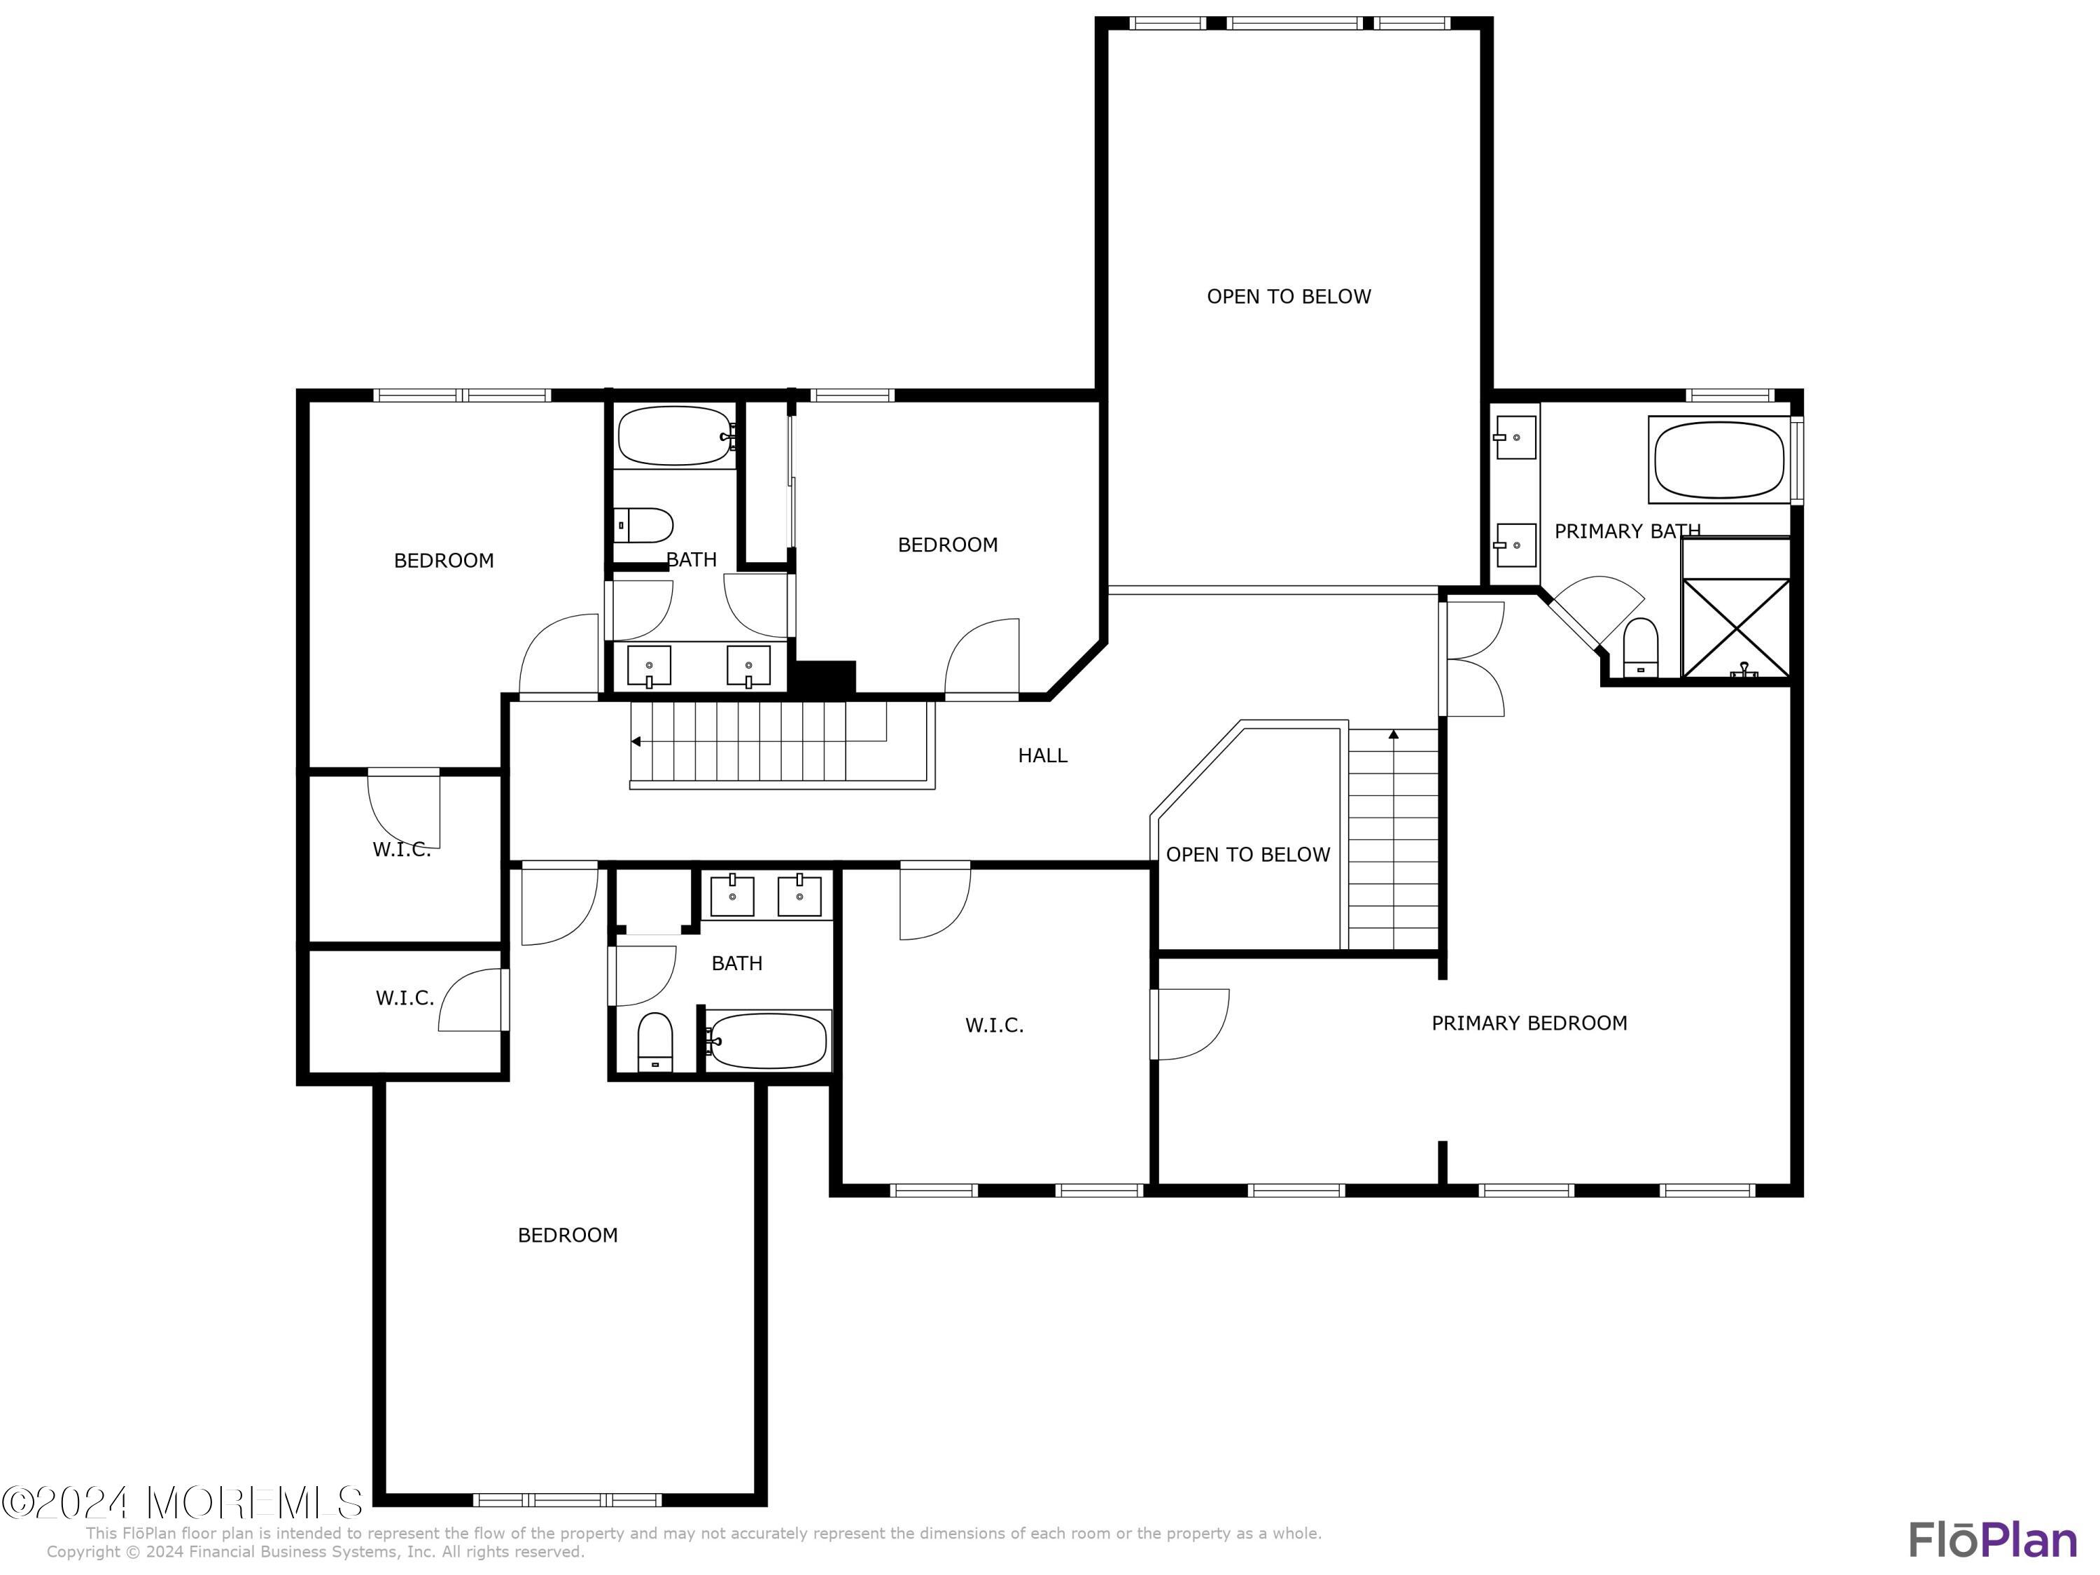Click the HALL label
coord(1042,756)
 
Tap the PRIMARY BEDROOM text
coord(1529,1023)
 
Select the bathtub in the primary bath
coord(1719,461)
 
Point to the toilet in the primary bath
coord(1641,648)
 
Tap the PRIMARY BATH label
coord(1626,531)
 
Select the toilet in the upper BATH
coord(645,524)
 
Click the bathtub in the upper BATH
coord(675,437)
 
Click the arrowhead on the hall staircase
coord(636,741)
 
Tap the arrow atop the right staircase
coord(1393,734)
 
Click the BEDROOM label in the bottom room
coord(567,1235)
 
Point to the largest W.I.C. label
coord(994,1025)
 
